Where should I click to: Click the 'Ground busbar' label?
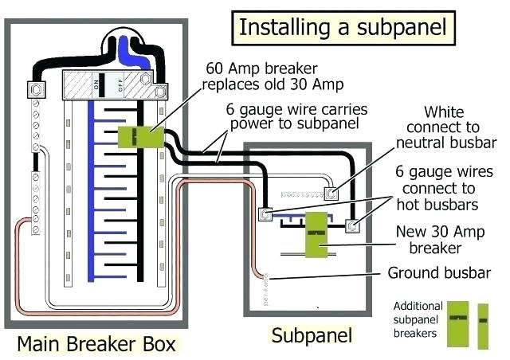[x=439, y=273]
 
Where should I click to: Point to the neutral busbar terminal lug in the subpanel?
[x=331, y=192]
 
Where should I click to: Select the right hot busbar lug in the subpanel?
[x=351, y=226]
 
